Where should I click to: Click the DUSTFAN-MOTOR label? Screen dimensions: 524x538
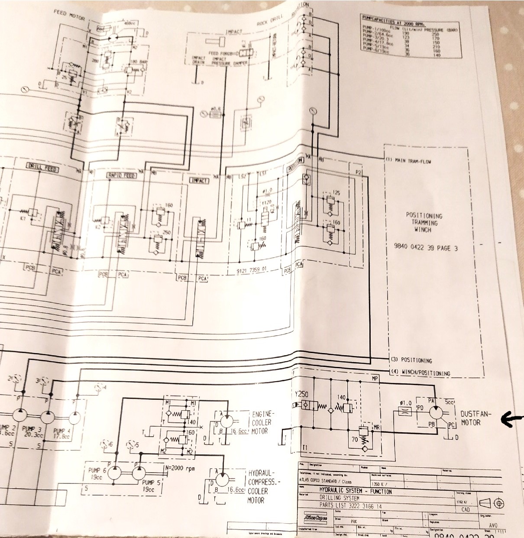475,418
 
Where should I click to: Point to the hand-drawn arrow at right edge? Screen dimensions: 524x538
511,418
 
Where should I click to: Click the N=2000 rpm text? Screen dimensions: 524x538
180,468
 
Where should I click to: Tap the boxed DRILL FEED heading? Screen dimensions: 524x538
42,167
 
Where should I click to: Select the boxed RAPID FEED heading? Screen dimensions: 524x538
121,175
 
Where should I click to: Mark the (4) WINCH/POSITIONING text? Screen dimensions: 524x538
420,373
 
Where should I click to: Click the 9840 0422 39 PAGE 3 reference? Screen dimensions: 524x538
425,248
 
